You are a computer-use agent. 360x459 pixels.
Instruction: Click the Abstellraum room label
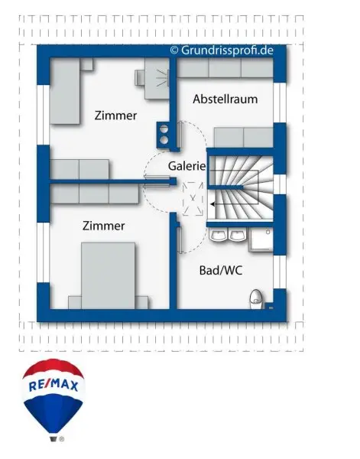(225, 99)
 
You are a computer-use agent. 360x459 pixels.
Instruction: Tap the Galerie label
(186, 166)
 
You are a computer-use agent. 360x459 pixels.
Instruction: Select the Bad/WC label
(221, 270)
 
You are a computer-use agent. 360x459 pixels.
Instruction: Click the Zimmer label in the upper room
(115, 116)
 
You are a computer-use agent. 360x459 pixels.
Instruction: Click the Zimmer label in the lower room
(103, 226)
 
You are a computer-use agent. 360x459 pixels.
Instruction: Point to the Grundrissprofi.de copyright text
(222, 50)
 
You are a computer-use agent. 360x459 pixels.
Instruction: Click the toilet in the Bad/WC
(256, 299)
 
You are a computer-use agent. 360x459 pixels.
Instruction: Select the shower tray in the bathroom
(261, 240)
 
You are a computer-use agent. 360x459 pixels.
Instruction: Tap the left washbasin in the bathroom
(218, 235)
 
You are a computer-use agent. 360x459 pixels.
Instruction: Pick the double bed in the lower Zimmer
(109, 275)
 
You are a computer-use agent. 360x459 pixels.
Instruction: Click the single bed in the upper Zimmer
(65, 91)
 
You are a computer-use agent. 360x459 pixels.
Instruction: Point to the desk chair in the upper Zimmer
(140, 77)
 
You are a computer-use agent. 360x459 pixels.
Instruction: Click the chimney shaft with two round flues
(164, 135)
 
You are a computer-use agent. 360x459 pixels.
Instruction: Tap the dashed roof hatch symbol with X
(193, 199)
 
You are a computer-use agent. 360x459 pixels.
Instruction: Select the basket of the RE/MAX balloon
(54, 439)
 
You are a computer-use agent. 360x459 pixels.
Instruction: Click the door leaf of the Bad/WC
(180, 239)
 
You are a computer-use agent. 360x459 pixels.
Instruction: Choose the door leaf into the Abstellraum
(180, 135)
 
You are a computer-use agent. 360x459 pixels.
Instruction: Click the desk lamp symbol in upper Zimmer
(162, 78)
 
